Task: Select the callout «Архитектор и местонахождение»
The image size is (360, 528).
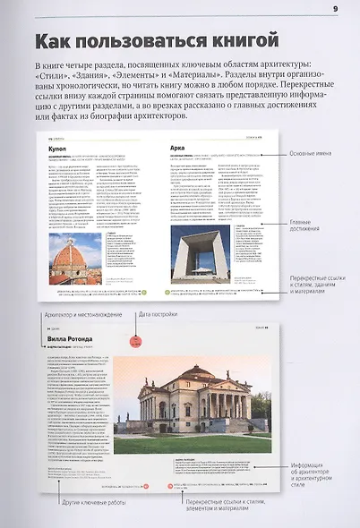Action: coord(69,314)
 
